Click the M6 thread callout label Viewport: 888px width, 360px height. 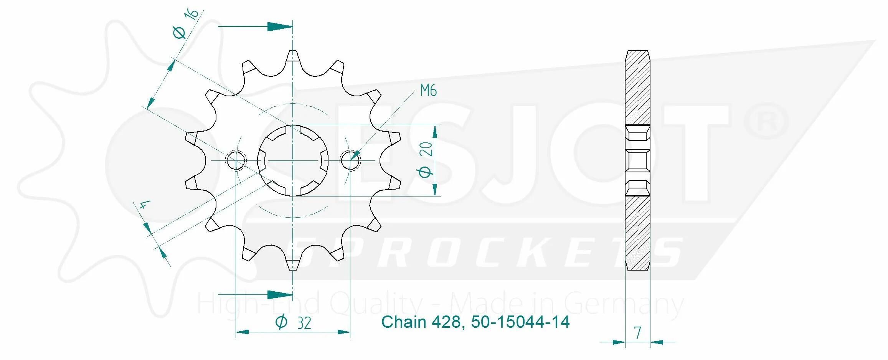pos(428,91)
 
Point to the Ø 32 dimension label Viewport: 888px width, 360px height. pos(293,322)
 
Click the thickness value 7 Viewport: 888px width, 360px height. pos(637,333)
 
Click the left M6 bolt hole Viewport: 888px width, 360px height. pos(236,160)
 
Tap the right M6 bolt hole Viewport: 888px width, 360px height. pos(350,160)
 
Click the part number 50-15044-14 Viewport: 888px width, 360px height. pos(520,322)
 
